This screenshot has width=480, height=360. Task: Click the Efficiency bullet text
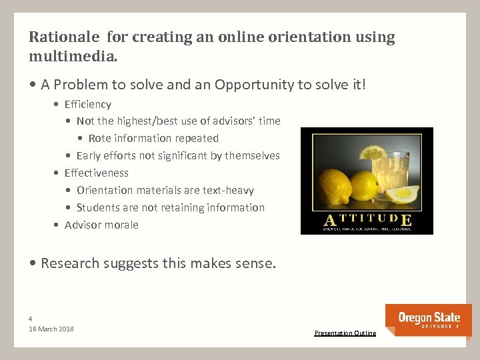87,104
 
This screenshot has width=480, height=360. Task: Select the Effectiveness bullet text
96,173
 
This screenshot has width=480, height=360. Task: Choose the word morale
121,225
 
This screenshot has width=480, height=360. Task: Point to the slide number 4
31,318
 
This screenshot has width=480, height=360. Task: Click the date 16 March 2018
51,329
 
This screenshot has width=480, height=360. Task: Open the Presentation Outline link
345,333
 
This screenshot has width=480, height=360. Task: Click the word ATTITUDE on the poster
367,220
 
